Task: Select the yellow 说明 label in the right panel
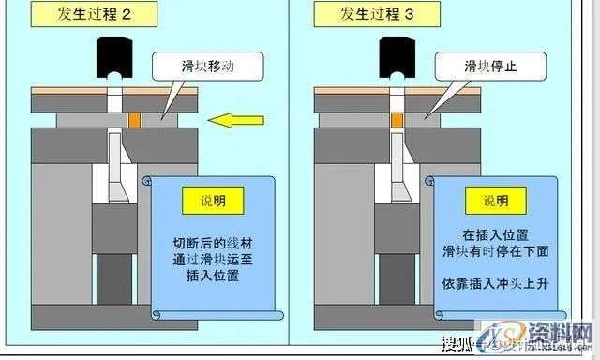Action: (x=497, y=202)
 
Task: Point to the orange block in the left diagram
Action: (x=135, y=120)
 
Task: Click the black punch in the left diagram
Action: (x=114, y=54)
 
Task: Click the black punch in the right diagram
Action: (x=398, y=54)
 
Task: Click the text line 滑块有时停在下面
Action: (x=497, y=252)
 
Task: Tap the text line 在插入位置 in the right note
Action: (x=497, y=232)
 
